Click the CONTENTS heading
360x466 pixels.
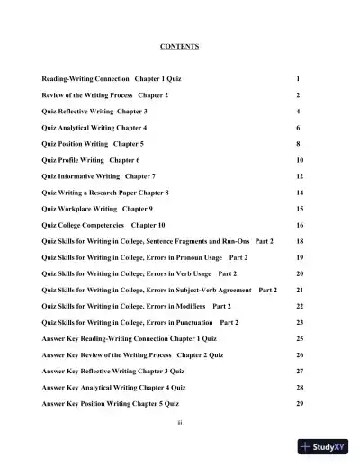179,46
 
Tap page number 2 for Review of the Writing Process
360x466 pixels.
298,95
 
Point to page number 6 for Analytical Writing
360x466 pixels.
298,128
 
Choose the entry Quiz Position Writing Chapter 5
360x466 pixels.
92,144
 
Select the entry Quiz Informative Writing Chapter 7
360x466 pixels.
98,176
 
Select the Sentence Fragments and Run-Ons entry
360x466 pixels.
157,242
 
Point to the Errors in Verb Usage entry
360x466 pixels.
139,273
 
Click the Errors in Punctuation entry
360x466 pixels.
140,322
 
